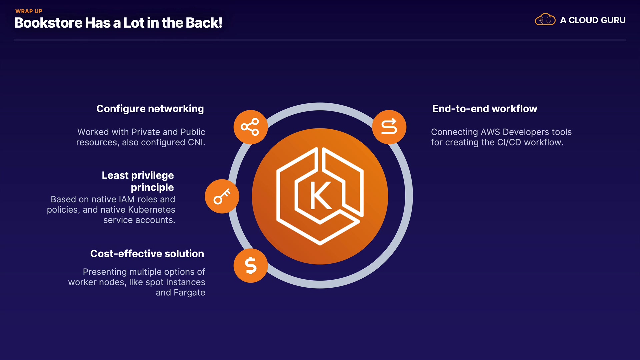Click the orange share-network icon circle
pyautogui.click(x=250, y=127)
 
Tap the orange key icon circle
pyautogui.click(x=222, y=196)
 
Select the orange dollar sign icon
pyautogui.click(x=251, y=266)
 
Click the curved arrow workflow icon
pyautogui.click(x=389, y=127)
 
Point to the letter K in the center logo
pyautogui.click(x=320, y=196)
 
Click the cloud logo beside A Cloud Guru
pyautogui.click(x=545, y=20)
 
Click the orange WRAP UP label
pyautogui.click(x=29, y=11)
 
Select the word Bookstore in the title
pyautogui.click(x=48, y=23)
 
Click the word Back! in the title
pyautogui.click(x=204, y=23)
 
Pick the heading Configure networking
pyautogui.click(x=150, y=109)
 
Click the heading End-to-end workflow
pyautogui.click(x=484, y=109)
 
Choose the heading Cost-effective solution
pyautogui.click(x=147, y=254)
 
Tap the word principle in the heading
pyautogui.click(x=152, y=187)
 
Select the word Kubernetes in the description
pyautogui.click(x=152, y=210)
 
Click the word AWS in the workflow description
pyautogui.click(x=490, y=132)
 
